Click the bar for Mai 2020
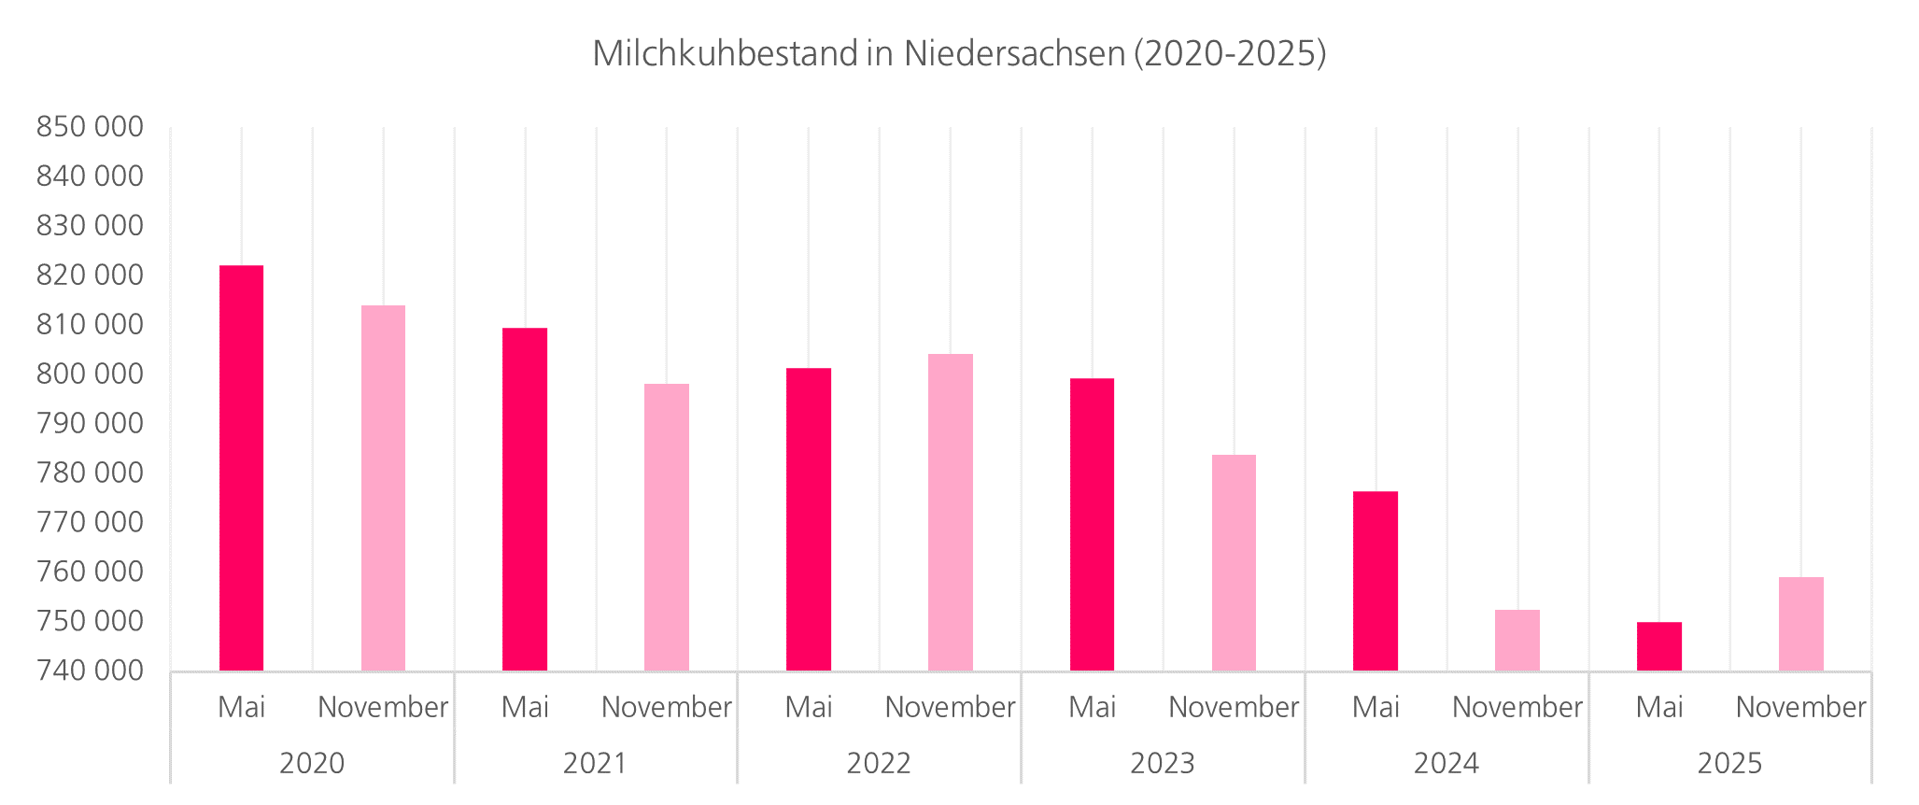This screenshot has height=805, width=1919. pos(241,467)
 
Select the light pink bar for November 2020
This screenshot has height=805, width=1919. pos(383,487)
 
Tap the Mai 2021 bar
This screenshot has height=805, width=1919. pos(525,499)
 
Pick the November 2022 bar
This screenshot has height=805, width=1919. pos(950,512)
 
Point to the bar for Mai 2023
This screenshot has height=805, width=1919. pos(1092,524)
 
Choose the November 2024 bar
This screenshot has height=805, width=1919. pos(1517,640)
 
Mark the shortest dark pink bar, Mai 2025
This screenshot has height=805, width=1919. pos(1658,646)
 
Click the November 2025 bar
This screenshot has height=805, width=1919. pos(1800,624)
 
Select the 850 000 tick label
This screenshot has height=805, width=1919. pos(90,127)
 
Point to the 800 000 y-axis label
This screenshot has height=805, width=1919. pos(90,374)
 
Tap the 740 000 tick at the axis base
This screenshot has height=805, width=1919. pos(90,670)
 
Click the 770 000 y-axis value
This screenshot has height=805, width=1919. pos(90,522)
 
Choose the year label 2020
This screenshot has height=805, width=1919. pos(312,763)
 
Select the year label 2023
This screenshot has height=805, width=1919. pos(1163,763)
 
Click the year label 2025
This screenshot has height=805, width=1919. pos(1729,763)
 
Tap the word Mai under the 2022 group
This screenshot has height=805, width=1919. pos(809,707)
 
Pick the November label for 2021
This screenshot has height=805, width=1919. pos(666,707)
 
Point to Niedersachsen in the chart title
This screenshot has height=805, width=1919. pos(1013,53)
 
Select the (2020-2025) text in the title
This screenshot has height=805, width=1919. pos(1230,53)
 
